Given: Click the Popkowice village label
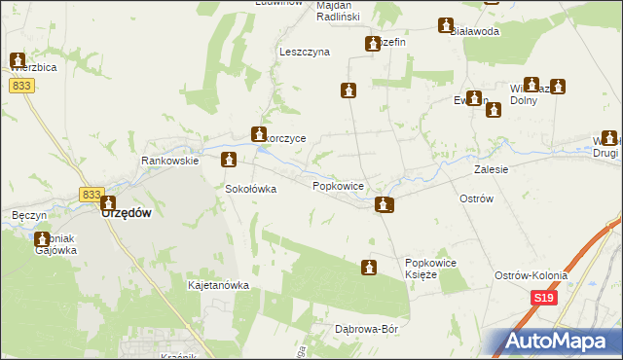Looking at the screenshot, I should click(x=338, y=185).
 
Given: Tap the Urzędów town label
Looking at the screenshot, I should click(x=127, y=213).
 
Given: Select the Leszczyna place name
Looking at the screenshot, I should click(x=304, y=52).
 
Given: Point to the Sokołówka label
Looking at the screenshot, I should click(x=251, y=189).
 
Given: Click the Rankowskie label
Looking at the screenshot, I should click(x=169, y=161).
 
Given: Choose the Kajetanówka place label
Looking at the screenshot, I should click(x=218, y=286).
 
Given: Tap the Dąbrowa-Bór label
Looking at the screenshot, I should click(x=367, y=329).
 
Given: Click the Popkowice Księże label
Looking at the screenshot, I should click(x=431, y=269).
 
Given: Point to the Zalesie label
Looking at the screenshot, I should click(x=493, y=168).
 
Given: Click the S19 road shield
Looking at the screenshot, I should click(x=543, y=302).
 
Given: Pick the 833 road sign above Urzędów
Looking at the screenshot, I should click(x=92, y=195).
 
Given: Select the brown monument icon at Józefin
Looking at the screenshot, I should click(x=373, y=43).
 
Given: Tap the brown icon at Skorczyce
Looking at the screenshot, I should click(x=259, y=134).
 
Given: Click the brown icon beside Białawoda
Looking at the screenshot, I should click(x=446, y=25).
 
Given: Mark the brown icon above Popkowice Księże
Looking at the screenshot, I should click(x=369, y=267).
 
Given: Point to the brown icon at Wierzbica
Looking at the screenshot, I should click(x=17, y=61).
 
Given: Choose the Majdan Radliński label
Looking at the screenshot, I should click(x=339, y=11).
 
